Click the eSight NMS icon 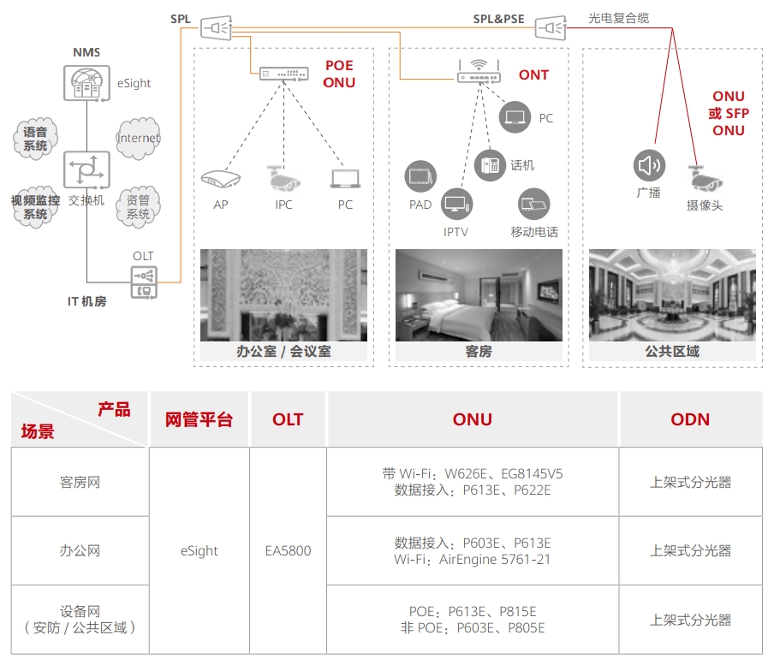click(86, 83)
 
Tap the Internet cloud click(138, 139)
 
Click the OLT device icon click(143, 282)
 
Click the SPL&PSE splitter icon click(551, 29)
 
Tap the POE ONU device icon click(284, 74)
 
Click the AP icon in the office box click(220, 179)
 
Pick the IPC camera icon click(283, 177)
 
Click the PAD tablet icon click(420, 176)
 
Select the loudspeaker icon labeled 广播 click(649, 165)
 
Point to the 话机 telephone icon click(491, 164)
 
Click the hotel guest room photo click(479, 295)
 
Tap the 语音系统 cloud click(35, 140)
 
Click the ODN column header click(690, 419)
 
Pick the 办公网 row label click(80, 550)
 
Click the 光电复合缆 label click(618, 18)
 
